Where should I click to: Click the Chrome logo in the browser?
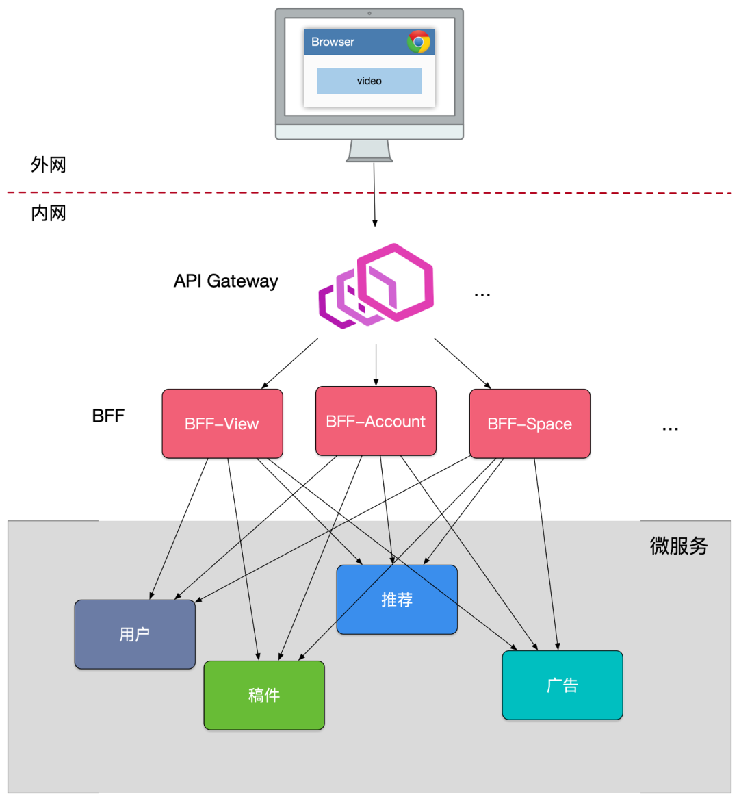point(418,42)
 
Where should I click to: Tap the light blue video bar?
point(369,81)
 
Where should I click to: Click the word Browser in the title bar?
point(333,42)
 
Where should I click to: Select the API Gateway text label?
point(226,281)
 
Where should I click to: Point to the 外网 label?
point(48,164)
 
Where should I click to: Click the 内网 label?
point(48,213)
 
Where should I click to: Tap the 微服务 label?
point(678,546)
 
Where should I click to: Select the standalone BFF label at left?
point(108,416)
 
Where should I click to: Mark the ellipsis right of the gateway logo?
point(482,295)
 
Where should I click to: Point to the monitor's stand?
point(369,151)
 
